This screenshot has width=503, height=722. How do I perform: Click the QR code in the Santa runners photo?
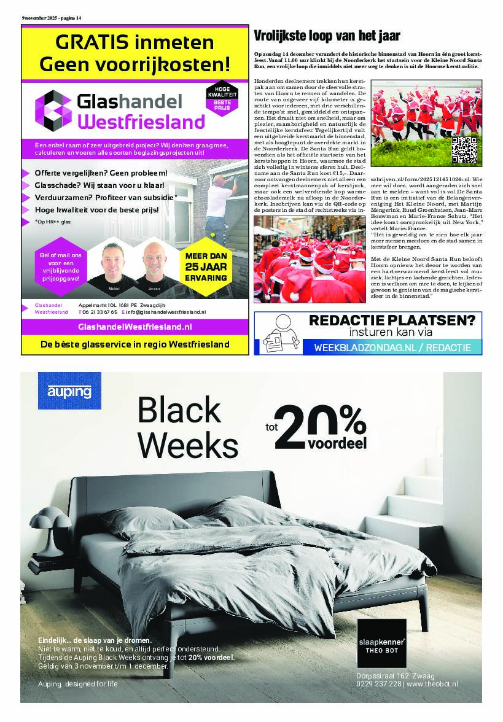click(464, 150)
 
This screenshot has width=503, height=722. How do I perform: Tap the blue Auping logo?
click(69, 390)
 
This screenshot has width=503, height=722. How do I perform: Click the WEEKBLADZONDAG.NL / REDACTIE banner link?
click(392, 347)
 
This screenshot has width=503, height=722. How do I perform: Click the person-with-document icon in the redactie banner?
click(279, 334)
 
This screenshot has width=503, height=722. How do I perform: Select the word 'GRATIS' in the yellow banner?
click(92, 43)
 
